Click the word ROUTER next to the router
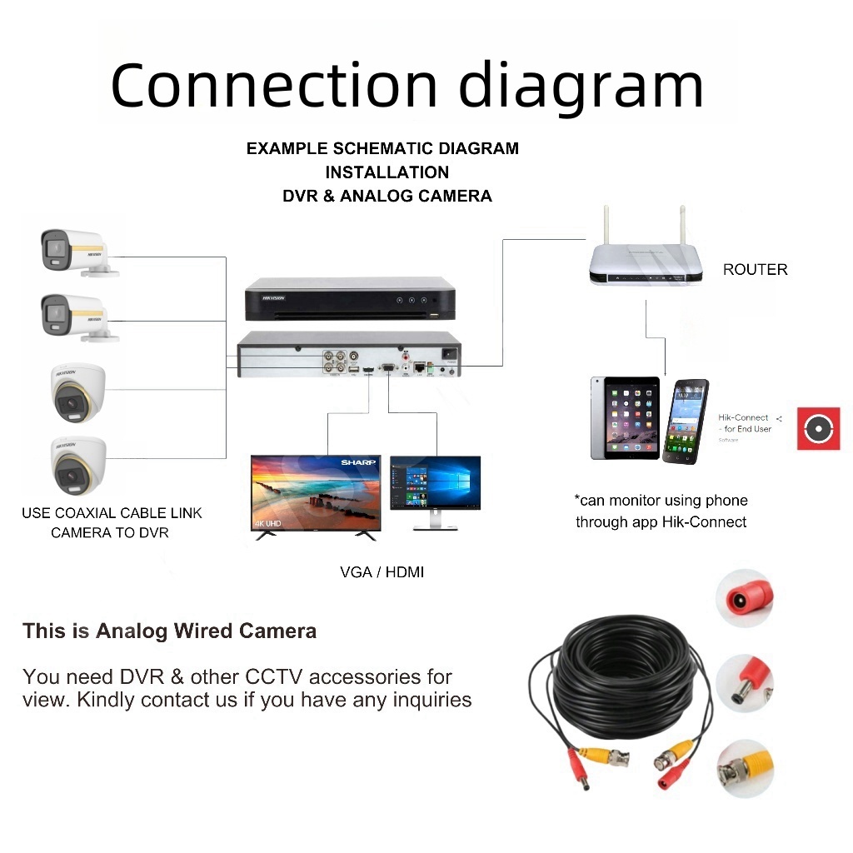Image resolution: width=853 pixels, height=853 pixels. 755,269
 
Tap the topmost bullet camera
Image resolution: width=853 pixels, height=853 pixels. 75,250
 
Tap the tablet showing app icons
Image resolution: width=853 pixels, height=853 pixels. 625,418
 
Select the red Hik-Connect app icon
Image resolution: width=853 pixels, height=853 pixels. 818,429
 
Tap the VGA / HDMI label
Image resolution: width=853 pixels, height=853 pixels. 382,572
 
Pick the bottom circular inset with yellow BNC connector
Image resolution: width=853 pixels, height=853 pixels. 746,767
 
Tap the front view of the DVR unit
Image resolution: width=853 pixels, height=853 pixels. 350,301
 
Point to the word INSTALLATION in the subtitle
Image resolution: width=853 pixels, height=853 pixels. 387,172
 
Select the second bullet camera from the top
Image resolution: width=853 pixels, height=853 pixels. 75,317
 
